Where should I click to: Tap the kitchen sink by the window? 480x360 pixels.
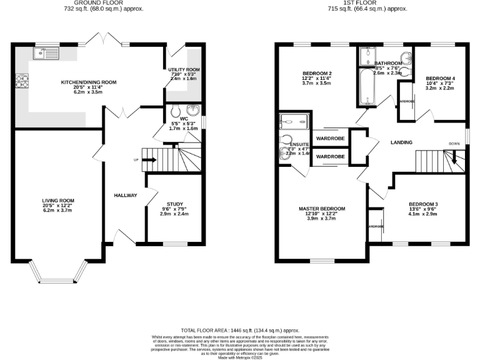click(46, 54)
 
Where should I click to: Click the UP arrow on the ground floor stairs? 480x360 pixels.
click(149, 160)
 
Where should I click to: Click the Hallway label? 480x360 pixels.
click(125, 196)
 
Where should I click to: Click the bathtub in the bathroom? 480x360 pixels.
click(365, 87)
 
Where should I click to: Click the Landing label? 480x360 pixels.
click(401, 142)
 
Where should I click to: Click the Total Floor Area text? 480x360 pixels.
click(239, 329)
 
